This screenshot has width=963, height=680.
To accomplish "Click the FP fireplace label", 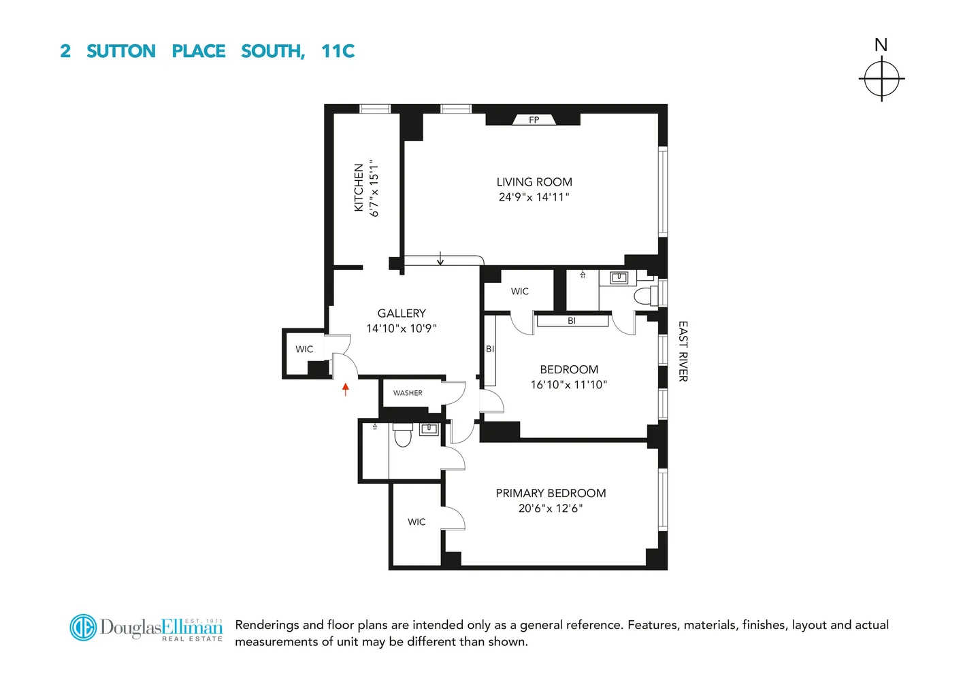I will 534,120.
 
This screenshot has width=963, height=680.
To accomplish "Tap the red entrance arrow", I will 346,389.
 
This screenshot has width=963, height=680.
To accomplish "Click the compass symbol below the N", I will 881,78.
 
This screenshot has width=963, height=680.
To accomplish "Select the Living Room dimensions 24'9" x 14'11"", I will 534,197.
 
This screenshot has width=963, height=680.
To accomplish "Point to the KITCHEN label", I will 359,188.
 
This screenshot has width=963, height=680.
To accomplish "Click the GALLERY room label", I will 402,313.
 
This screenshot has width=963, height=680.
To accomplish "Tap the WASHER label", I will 408,393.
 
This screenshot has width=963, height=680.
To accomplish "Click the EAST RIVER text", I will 683,351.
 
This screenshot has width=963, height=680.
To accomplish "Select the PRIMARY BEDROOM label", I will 551,494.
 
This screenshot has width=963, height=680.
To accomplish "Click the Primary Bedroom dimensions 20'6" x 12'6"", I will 551,509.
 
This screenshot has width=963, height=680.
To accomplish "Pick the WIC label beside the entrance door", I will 304,350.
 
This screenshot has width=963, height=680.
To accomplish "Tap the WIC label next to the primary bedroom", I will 417,522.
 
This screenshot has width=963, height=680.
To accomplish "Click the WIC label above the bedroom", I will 520,292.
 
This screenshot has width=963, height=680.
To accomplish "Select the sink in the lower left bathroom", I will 429,429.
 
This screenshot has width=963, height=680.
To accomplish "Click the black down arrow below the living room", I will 440,258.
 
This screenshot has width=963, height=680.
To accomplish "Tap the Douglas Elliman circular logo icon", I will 84,628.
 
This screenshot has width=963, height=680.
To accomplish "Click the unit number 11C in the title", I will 338,52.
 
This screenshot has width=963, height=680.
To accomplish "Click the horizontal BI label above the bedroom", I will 572,321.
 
